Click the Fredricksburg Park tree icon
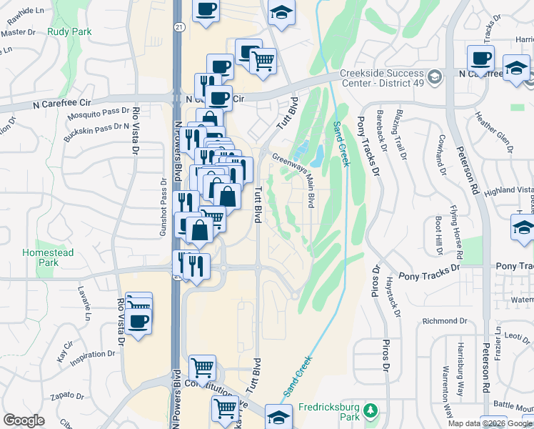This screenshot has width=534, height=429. pyautogui.click(x=370, y=410)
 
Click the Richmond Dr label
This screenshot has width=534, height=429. pyautogui.click(x=444, y=321)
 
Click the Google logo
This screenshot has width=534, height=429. pyautogui.click(x=24, y=420)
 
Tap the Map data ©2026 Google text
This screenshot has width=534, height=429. pyautogui.click(x=490, y=423)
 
